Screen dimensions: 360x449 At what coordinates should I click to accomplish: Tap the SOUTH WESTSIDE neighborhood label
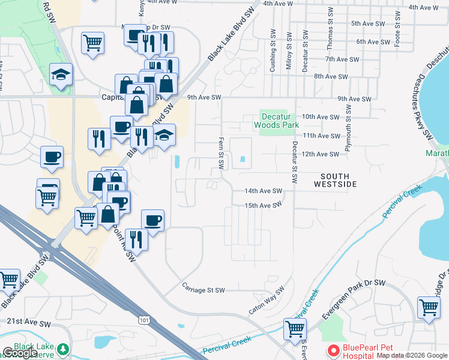point(335,181)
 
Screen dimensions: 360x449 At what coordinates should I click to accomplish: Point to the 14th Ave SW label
point(263,191)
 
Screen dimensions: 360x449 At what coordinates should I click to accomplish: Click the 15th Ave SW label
point(263,205)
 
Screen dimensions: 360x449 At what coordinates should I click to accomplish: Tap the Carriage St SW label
point(203,290)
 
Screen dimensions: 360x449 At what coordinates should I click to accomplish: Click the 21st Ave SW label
point(29,323)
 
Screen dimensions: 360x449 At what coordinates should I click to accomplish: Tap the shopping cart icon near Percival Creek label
point(295,328)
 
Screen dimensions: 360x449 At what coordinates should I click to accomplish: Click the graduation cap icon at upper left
point(61,74)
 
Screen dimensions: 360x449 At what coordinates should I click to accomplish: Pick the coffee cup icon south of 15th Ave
point(152,220)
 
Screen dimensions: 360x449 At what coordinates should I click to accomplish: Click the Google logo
point(20,353)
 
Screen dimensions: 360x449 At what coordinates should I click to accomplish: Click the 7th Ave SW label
point(337,59)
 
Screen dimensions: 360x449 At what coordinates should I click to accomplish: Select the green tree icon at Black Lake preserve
point(62,349)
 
